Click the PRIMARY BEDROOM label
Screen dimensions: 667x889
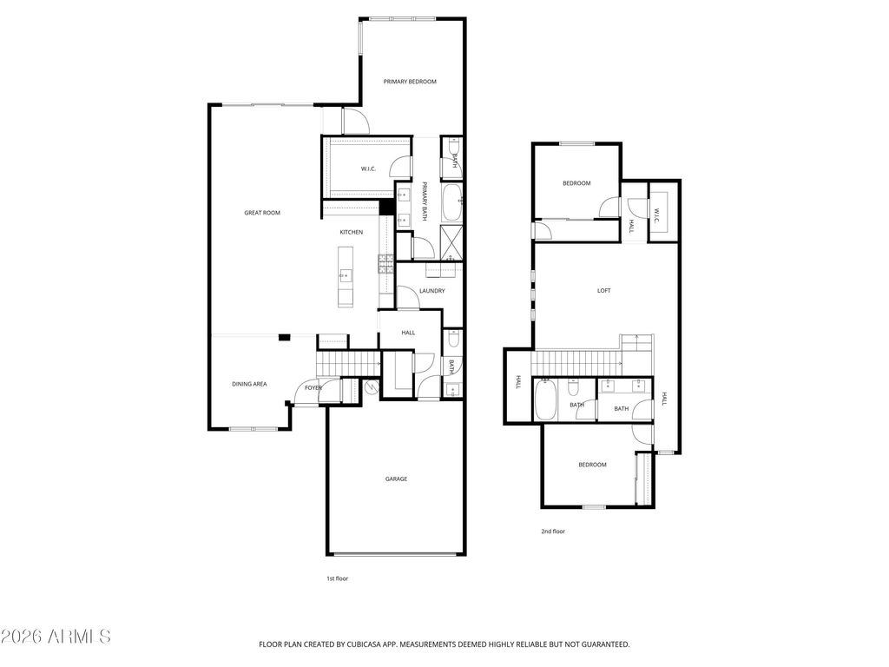point(410,82)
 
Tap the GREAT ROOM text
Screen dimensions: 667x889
point(261,213)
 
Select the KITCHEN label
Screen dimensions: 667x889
point(351,232)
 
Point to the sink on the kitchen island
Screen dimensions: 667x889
point(346,276)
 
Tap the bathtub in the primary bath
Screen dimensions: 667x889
point(452,202)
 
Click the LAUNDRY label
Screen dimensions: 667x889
point(431,291)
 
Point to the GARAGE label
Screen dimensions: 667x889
point(396,479)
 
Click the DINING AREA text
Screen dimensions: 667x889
point(248,383)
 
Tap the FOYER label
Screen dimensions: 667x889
point(313,387)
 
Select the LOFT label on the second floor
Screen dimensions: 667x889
point(603,291)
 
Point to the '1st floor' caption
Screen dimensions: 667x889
point(336,578)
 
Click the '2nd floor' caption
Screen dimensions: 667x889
point(553,531)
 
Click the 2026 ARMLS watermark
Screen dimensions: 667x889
point(56,637)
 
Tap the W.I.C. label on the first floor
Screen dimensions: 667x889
point(367,168)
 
